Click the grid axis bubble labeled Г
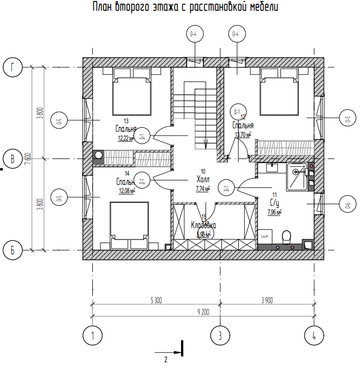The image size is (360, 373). click(13, 67)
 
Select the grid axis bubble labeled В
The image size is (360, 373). click(13, 158)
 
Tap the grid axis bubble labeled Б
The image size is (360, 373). click(13, 250)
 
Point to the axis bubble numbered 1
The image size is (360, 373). click(93, 335)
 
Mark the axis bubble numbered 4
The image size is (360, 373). click(314, 335)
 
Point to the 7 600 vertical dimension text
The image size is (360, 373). click(29, 158)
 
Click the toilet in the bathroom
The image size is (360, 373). click(286, 236)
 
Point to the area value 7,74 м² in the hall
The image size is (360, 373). click(203, 189)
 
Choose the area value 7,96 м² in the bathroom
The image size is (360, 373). click(274, 212)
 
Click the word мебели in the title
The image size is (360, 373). click(263, 8)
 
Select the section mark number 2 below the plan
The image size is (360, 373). click(166, 359)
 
